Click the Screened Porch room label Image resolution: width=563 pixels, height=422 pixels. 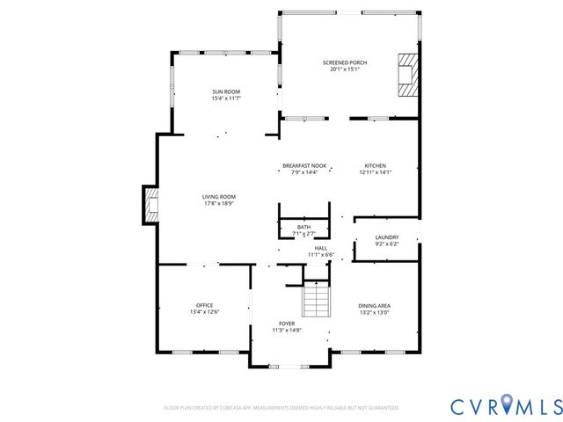coord(345,62)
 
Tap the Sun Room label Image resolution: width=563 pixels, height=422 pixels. coord(225,91)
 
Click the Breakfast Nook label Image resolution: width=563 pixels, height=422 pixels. coord(304,165)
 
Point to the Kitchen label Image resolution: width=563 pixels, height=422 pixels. coord(375,165)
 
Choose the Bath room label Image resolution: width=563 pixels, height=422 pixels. coord(303,227)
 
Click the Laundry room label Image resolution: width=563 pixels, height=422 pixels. coord(387,236)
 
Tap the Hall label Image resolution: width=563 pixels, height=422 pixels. coord(320,248)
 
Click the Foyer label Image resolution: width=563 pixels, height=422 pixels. coord(287,323)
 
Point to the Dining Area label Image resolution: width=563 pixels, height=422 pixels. coord(375,305)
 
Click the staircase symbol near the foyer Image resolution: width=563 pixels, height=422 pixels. coord(316,302)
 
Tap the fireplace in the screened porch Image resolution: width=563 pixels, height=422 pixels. coord(407,74)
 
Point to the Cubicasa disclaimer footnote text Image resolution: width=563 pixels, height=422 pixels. coord(281,408)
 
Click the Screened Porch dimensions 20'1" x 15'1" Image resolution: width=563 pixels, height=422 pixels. coord(345,69)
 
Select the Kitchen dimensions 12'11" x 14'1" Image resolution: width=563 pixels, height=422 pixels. coord(375,172)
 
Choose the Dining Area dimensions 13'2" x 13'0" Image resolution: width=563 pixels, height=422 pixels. coord(375,312)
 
